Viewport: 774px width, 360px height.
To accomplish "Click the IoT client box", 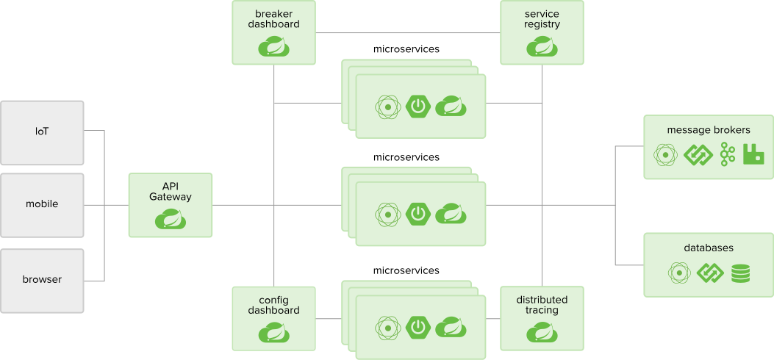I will point(42,132).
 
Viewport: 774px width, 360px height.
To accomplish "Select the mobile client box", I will point(42,204).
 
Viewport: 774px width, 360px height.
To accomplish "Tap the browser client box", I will point(42,280).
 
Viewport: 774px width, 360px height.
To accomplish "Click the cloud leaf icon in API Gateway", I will point(171,219).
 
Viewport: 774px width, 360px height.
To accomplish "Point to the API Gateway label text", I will point(171,191).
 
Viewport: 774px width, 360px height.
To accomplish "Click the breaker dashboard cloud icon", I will point(273,47).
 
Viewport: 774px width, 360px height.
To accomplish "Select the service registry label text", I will point(542,19).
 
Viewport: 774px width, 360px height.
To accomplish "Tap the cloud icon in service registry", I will point(542,47).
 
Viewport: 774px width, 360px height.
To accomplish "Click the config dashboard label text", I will point(273,305).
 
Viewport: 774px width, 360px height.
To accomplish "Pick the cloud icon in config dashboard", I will point(273,333).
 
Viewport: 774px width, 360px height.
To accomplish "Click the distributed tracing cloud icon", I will point(542,333).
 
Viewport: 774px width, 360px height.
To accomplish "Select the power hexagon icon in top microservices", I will point(418,107).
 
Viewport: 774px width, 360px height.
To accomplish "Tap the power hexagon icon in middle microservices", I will point(418,214).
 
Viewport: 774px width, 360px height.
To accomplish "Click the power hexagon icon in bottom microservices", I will point(418,327).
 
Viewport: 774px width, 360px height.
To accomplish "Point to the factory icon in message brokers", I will point(753,154).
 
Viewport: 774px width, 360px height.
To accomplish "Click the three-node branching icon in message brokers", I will point(728,154).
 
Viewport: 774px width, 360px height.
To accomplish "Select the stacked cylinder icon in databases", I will point(740,273).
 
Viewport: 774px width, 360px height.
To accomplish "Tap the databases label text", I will point(709,248).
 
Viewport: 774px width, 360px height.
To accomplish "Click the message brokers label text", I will point(709,130).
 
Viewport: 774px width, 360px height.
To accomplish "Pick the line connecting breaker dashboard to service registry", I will point(408,32).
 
